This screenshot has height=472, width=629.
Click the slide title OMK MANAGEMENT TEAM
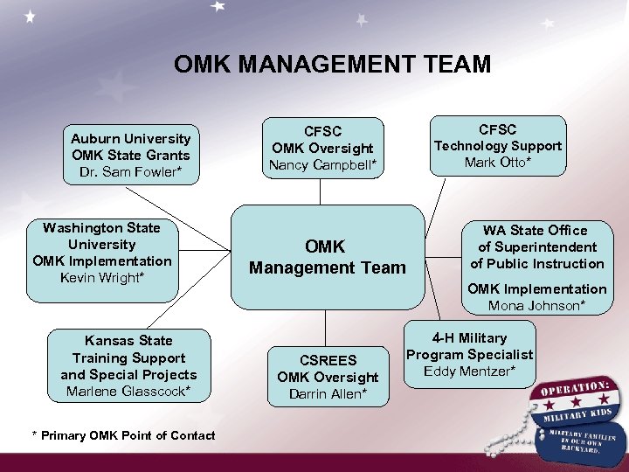pos(332,65)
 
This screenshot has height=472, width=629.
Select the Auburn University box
pos(130,155)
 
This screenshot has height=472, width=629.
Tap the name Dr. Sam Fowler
pos(130,171)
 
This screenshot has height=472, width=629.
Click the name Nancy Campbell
pos(322,164)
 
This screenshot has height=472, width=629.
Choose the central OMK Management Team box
pos(327,258)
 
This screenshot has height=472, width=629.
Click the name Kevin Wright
pos(102,278)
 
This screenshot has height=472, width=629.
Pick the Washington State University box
pos(102,253)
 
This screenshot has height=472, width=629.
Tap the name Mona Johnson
pos(536,305)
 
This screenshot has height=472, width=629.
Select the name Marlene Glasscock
pos(128,392)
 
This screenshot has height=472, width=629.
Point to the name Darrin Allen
pos(328,394)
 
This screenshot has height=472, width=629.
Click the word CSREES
pos(328,359)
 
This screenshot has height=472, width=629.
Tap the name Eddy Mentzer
pos(469,371)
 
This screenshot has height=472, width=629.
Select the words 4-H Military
pos(469,337)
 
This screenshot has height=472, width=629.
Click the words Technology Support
pos(498,146)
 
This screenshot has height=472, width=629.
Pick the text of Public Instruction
pos(536,263)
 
